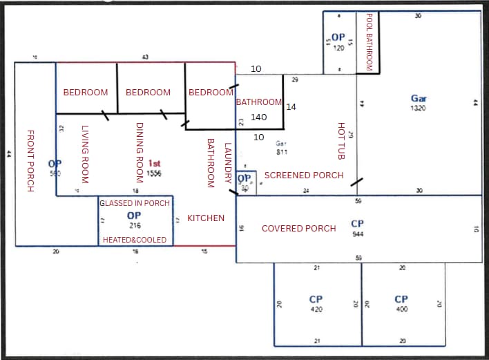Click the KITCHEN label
point(206,218)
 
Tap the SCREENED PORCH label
point(304,176)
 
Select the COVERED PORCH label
point(298,229)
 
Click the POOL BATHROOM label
point(369,42)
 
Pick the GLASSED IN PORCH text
point(135,204)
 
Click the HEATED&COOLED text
point(135,239)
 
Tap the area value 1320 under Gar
point(418,108)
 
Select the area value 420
point(316,310)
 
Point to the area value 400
point(401,310)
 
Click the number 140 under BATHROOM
point(259,117)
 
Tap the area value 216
point(135,226)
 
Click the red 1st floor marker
point(154,163)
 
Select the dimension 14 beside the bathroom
point(291,107)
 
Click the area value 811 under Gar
point(282,151)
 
